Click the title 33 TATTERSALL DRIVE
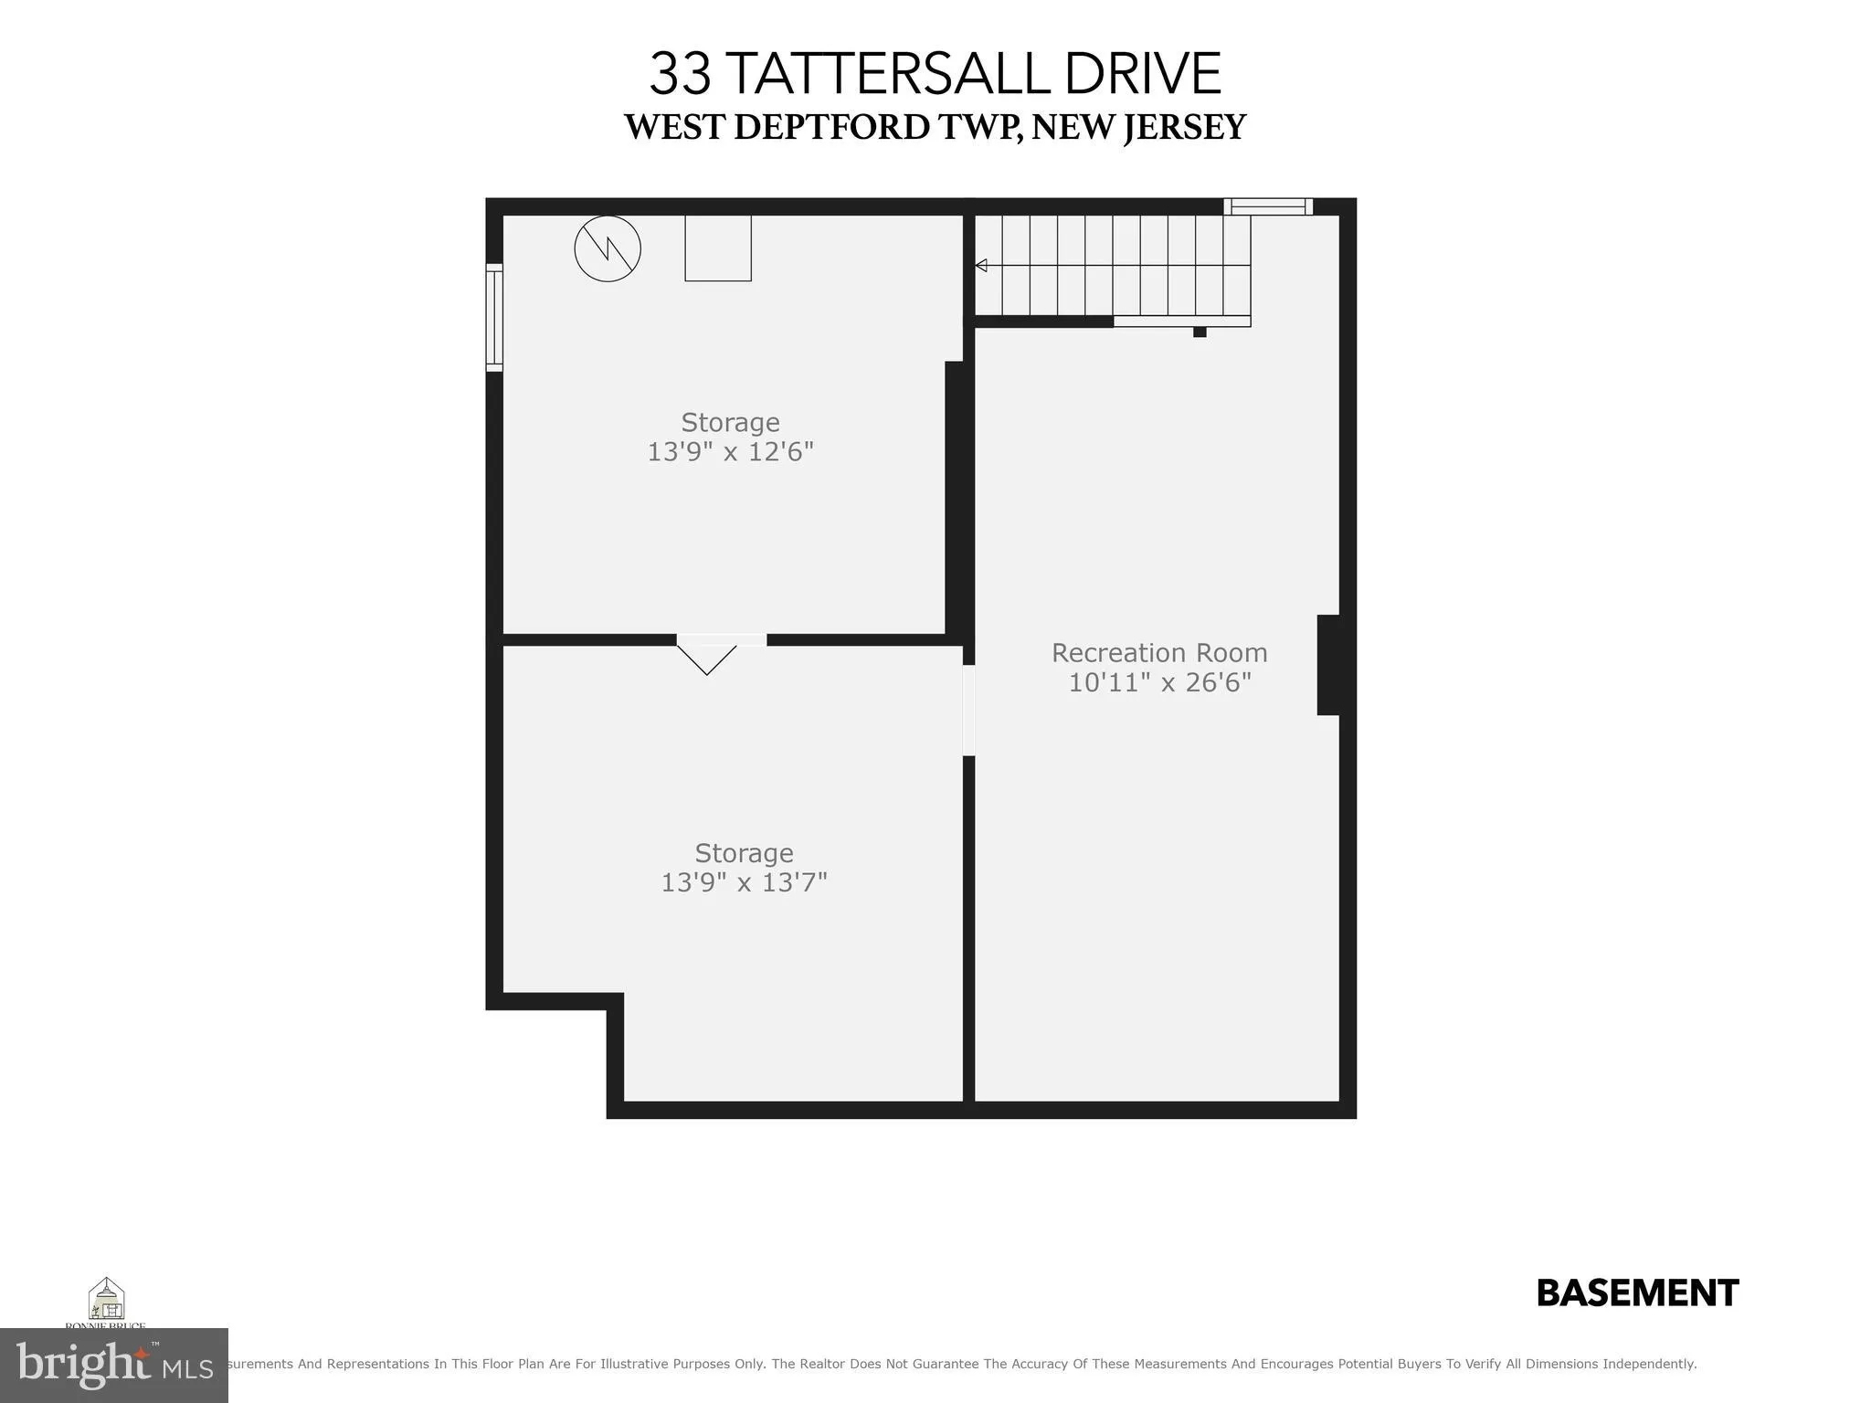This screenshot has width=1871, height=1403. click(x=935, y=74)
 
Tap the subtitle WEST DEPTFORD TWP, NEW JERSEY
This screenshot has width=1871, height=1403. click(x=935, y=127)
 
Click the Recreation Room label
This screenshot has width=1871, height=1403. click(x=1159, y=653)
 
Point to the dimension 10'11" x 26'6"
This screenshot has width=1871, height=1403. click(x=1159, y=682)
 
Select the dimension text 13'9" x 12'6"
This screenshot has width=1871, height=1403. click(x=730, y=452)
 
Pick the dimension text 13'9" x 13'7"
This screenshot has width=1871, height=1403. click(x=744, y=882)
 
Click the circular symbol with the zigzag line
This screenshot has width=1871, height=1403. click(x=608, y=248)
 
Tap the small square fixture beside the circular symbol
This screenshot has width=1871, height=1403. click(x=718, y=248)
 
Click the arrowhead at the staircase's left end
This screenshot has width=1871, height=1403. click(x=981, y=266)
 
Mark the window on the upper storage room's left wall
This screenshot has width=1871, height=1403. click(x=494, y=317)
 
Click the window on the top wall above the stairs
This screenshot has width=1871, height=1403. click(x=1267, y=207)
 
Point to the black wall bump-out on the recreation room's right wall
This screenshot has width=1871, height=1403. click(x=1328, y=665)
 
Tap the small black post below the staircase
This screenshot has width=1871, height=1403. click(x=1200, y=332)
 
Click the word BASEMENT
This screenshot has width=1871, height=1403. click(x=1637, y=1293)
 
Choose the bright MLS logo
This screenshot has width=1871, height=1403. click(x=114, y=1366)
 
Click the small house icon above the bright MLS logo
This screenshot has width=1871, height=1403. click(x=106, y=1299)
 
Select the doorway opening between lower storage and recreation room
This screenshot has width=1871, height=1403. click(x=968, y=711)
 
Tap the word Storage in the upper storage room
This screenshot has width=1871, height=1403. click(x=730, y=423)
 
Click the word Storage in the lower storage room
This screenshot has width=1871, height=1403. click(x=744, y=853)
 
